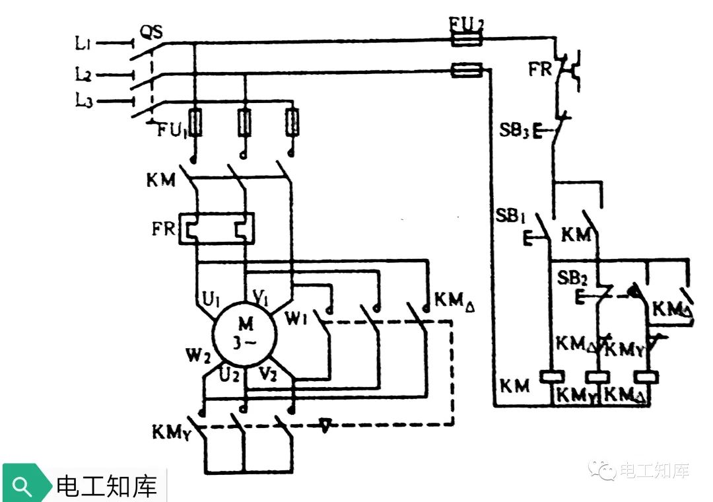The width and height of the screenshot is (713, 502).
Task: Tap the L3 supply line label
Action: pyautogui.click(x=83, y=101)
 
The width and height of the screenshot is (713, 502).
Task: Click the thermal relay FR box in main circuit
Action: pyautogui.click(x=217, y=229)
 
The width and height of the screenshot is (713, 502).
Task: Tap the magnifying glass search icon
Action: pyautogui.click(x=22, y=486)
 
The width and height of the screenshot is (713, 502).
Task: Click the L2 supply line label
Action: pyautogui.click(x=83, y=74)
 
